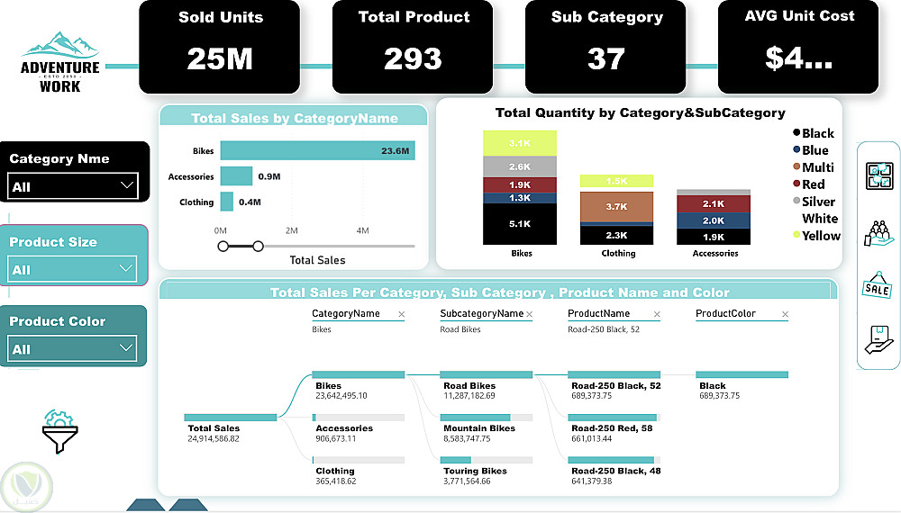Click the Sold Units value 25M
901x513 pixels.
[x=219, y=58]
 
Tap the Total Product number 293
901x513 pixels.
[x=413, y=58]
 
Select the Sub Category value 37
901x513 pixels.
[x=605, y=58]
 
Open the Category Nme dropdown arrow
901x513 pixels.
[x=126, y=186]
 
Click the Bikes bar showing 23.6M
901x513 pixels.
[x=317, y=151]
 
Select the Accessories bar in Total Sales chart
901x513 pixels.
[x=236, y=176]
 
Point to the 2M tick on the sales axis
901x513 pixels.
[x=292, y=231]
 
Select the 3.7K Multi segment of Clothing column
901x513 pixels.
[x=616, y=206]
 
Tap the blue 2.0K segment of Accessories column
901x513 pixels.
[x=713, y=220]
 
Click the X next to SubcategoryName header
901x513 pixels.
[x=529, y=314]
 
